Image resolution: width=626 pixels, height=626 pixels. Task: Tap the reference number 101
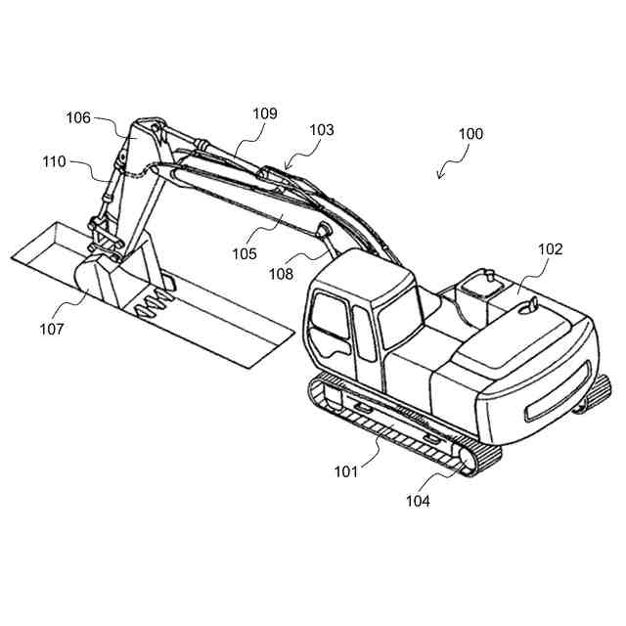point(345,471)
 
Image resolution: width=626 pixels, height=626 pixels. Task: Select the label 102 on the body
point(550,249)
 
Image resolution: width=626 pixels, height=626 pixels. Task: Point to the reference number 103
point(321,129)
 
